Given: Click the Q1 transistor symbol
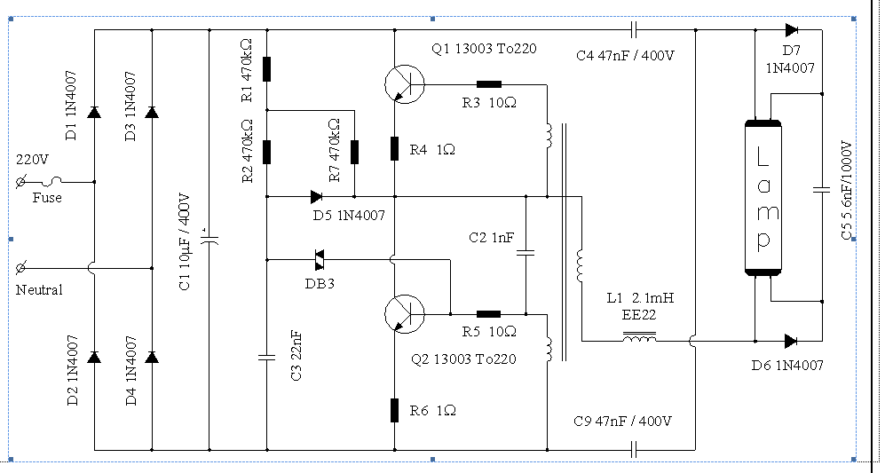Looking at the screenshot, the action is tap(405, 84).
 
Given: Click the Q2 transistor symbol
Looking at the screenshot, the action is tap(405, 313).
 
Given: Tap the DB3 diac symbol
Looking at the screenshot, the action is tap(320, 260).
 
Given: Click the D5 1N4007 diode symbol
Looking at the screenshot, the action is tap(317, 197).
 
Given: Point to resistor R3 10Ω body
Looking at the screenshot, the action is tap(488, 84).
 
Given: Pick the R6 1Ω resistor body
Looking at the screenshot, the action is tap(394, 410).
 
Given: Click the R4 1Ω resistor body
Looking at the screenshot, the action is tap(394, 148).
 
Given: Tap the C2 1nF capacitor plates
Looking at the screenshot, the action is tap(526, 251).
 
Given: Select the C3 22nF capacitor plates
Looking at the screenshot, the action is tap(266, 357).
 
